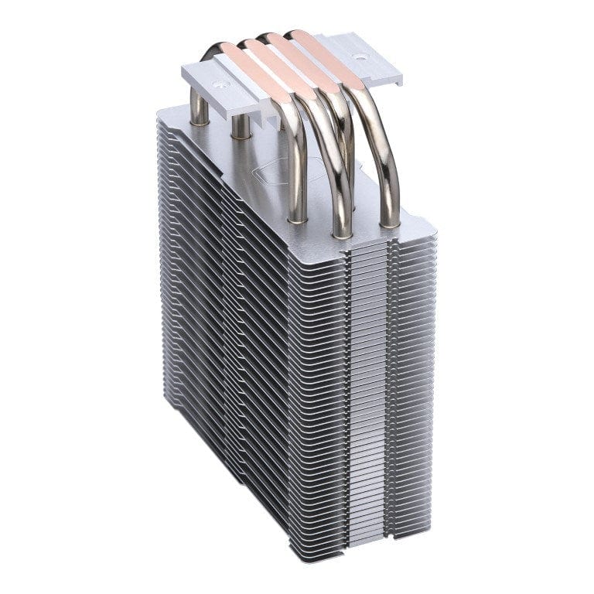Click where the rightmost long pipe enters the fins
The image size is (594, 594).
click(390, 223)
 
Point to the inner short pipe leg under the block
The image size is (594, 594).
click(241, 125)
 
